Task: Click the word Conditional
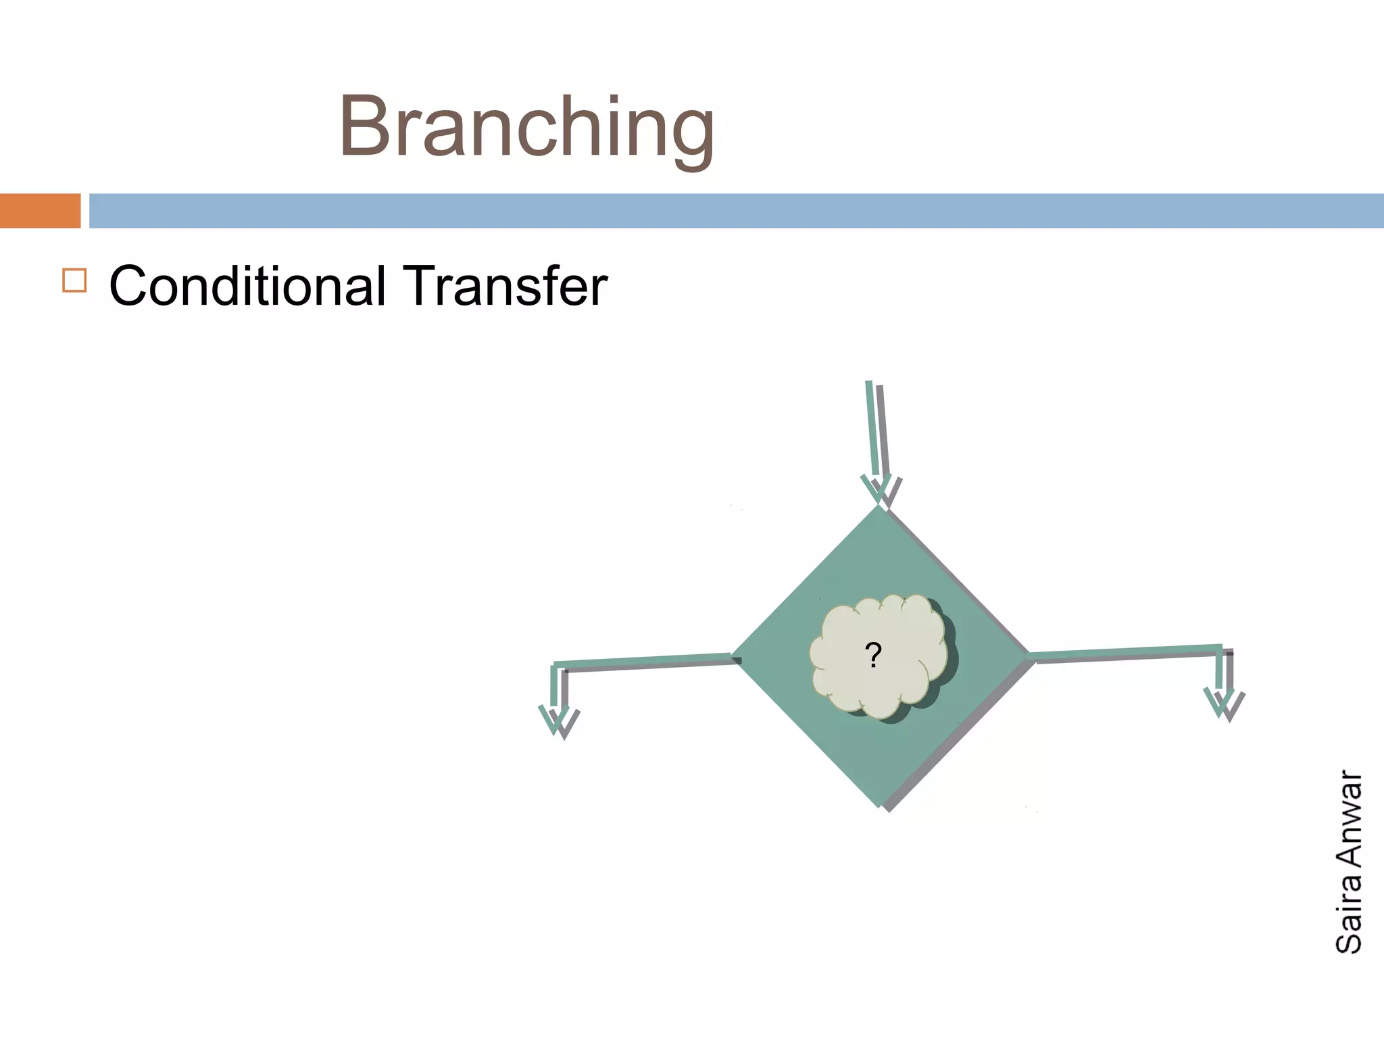tap(247, 286)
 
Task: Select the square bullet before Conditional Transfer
tap(74, 280)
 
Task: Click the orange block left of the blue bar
tap(40, 210)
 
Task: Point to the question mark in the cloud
tap(873, 656)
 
